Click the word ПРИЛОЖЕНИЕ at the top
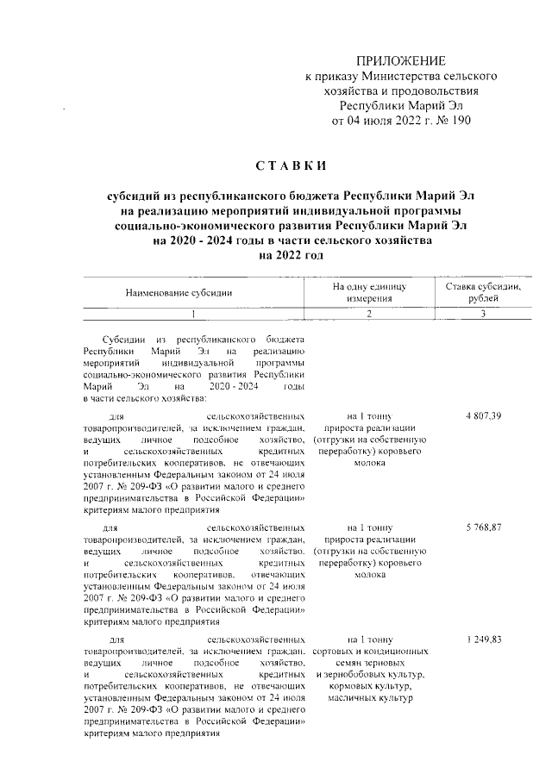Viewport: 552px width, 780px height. click(x=402, y=61)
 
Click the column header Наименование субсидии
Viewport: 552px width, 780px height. click(x=179, y=293)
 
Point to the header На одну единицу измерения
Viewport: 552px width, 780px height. click(x=368, y=292)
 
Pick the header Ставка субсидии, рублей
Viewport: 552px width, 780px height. click(x=484, y=292)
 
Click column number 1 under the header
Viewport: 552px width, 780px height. click(x=194, y=315)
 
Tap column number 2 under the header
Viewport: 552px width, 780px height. click(x=368, y=315)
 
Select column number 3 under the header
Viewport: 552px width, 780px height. click(x=484, y=315)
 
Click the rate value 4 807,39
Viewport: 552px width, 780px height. click(x=483, y=416)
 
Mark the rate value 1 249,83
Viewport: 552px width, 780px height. click(x=483, y=640)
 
